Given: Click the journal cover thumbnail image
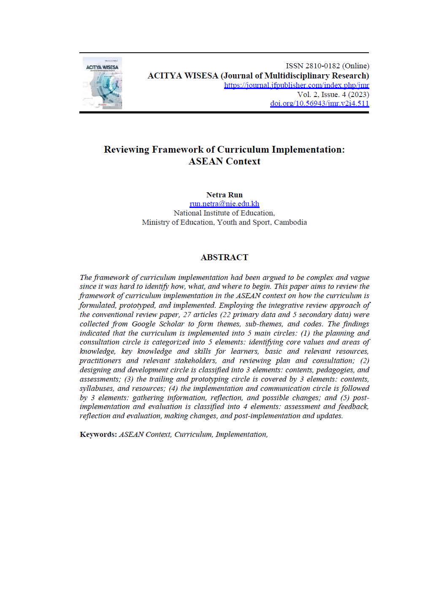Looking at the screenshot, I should (x=102, y=83).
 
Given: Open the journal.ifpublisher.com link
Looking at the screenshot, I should (x=296, y=85).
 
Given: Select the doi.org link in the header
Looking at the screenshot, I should (x=320, y=103).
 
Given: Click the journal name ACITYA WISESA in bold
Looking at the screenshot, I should (x=183, y=76).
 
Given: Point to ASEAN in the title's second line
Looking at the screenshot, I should (x=206, y=162).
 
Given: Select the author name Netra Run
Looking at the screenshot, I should (x=224, y=195).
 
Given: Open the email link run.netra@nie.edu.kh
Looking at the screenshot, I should (x=224, y=204).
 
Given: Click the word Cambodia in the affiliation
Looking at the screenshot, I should (x=290, y=222).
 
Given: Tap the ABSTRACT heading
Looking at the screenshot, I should (x=224, y=257).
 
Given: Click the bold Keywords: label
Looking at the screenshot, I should (x=98, y=434).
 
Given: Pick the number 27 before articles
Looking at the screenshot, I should (x=187, y=315).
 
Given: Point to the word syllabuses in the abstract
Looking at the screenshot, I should (x=97, y=388).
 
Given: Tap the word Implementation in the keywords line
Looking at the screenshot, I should (x=241, y=434).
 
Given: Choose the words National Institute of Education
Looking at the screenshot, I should (x=224, y=213).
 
